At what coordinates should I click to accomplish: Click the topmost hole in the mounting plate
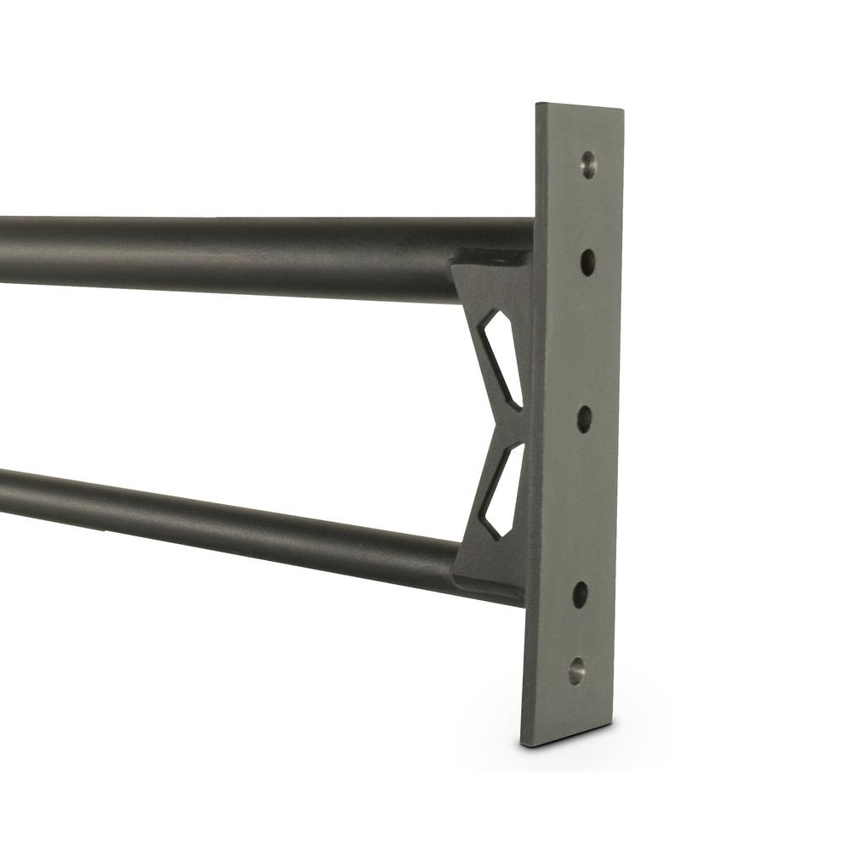pyautogui.click(x=588, y=164)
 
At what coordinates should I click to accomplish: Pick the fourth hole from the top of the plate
pyautogui.click(x=581, y=594)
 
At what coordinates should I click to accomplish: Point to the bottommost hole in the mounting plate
pyautogui.click(x=577, y=671)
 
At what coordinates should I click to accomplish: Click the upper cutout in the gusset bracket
pyautogui.click(x=501, y=357)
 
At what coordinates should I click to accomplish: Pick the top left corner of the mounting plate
pyautogui.click(x=536, y=105)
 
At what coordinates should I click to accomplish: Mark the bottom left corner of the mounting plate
pyautogui.click(x=522, y=745)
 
